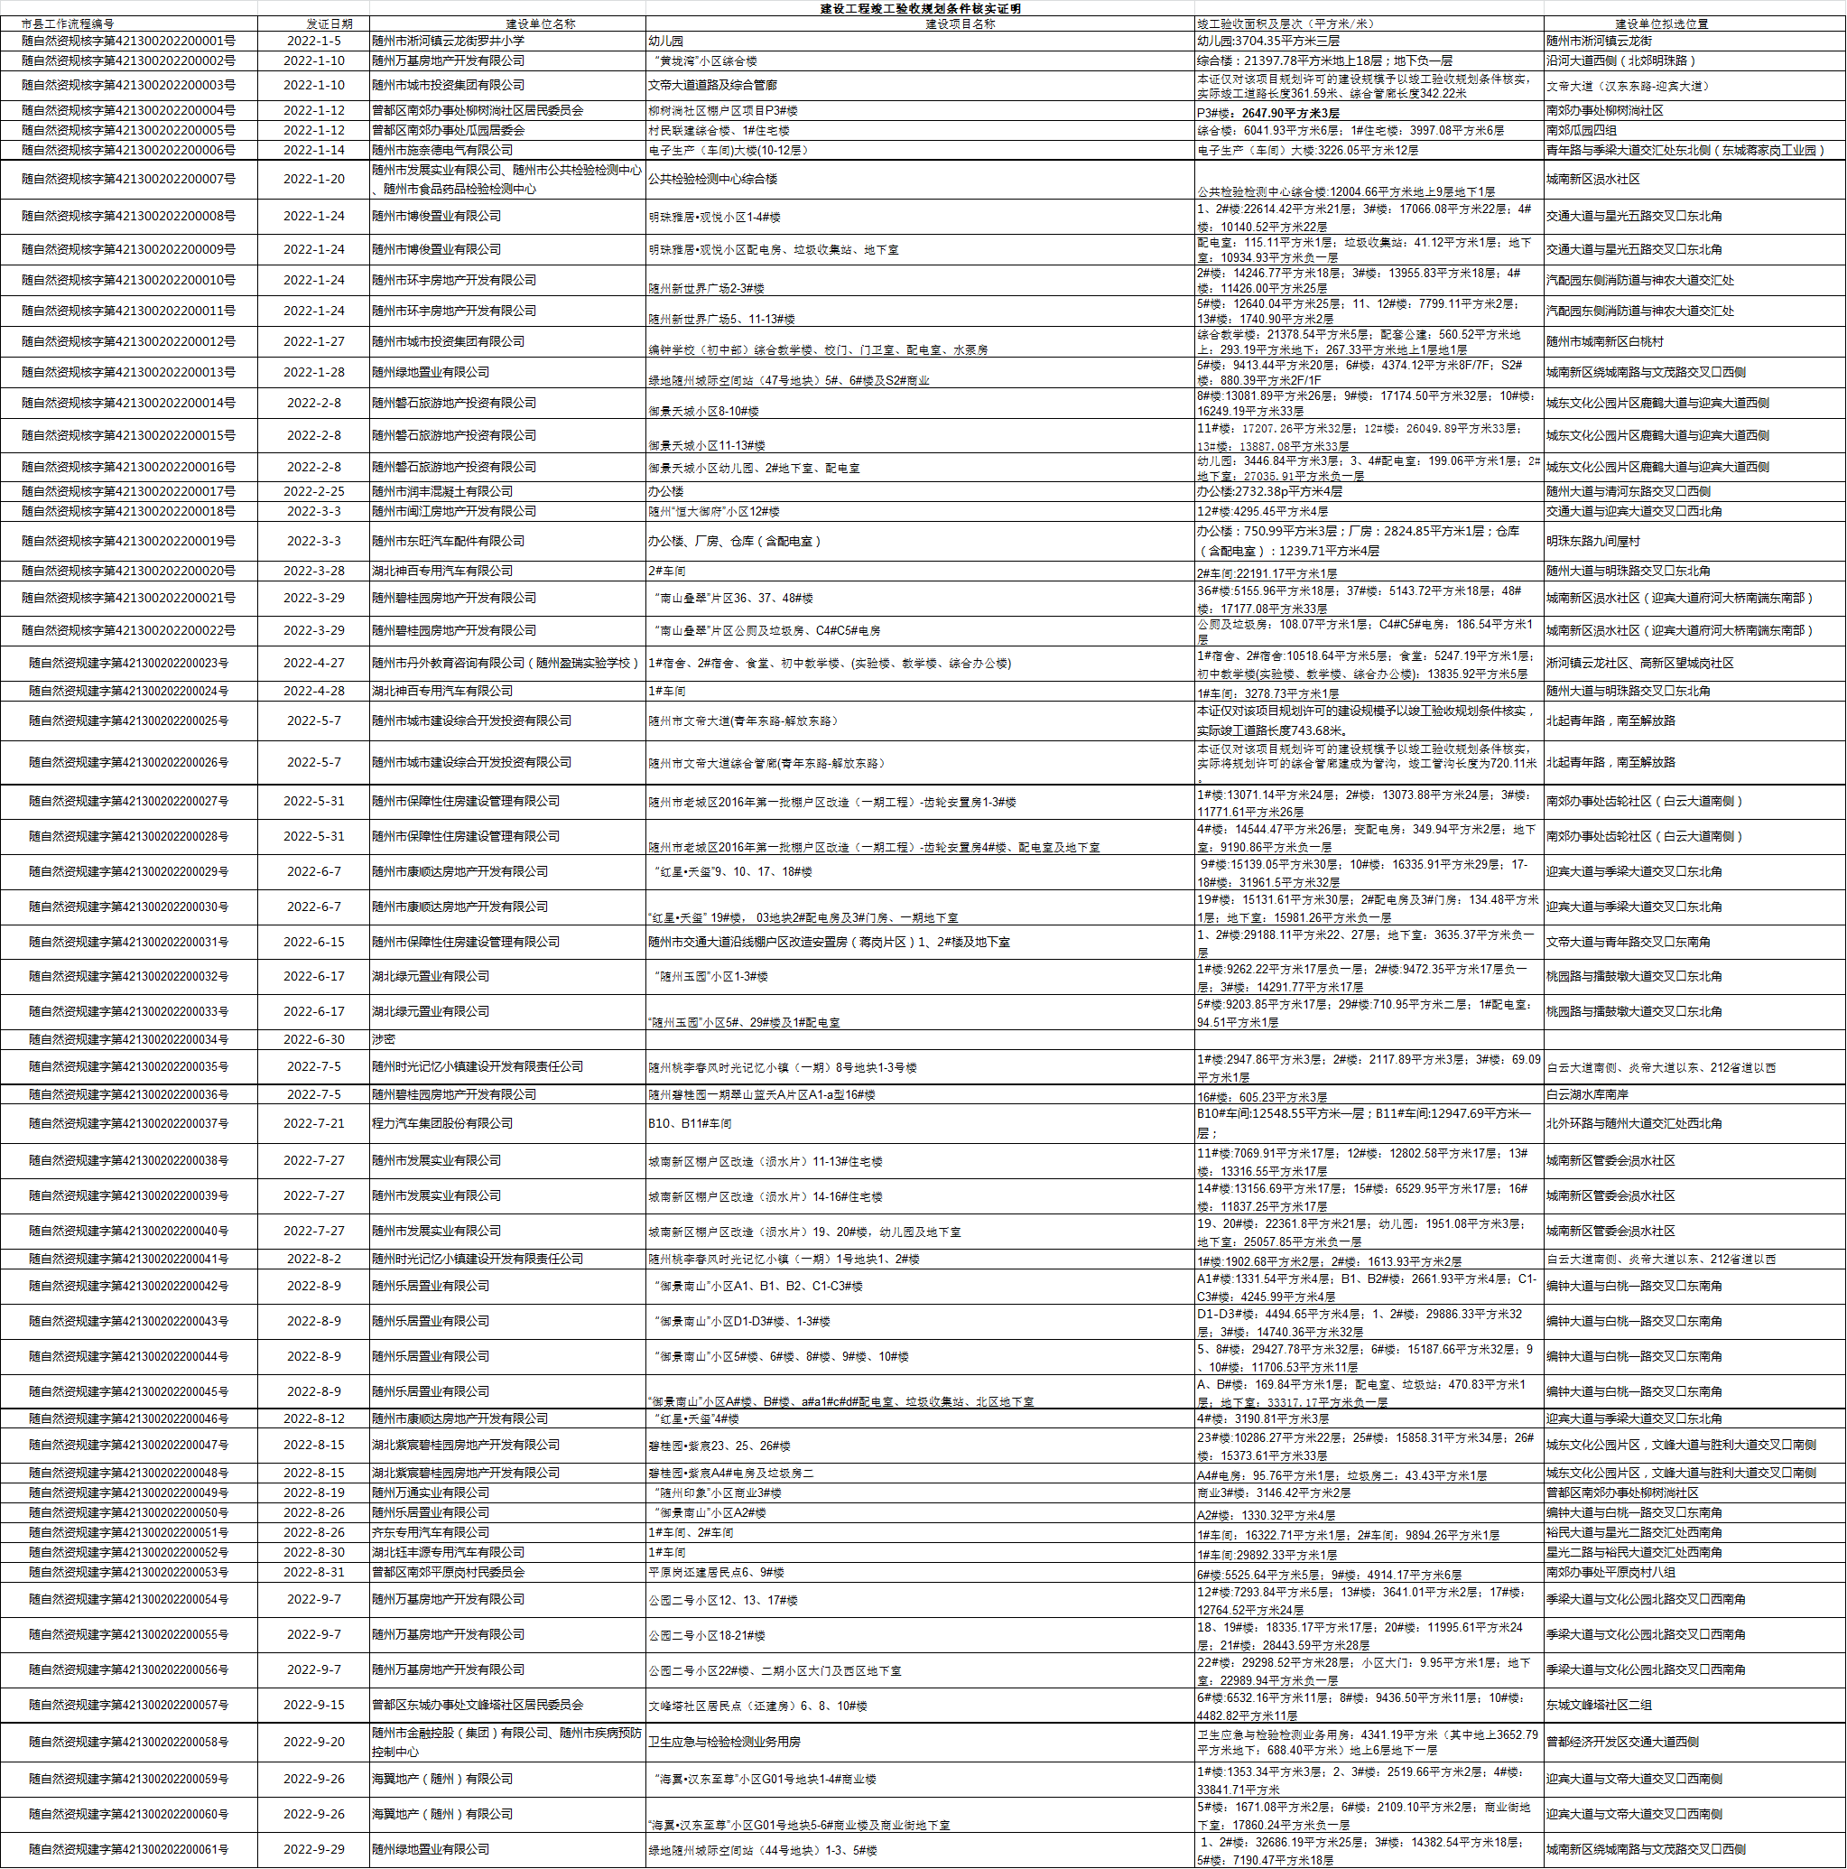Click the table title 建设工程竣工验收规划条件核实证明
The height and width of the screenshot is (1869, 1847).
click(920, 8)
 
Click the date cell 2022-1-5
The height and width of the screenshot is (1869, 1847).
click(313, 41)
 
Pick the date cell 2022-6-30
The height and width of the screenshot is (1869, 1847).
click(313, 1039)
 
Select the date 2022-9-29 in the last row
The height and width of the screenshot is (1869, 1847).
click(313, 1849)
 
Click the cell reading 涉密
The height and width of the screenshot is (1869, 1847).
click(384, 1039)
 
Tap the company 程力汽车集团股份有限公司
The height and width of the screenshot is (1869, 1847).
click(442, 1123)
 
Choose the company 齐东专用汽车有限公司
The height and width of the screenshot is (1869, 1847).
click(431, 1532)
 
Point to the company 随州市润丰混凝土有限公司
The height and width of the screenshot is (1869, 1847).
click(442, 491)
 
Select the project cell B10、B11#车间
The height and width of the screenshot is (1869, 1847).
click(690, 1123)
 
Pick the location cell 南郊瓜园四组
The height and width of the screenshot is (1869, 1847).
click(1581, 130)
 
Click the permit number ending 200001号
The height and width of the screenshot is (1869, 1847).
click(128, 41)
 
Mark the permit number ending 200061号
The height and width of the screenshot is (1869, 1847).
click(128, 1849)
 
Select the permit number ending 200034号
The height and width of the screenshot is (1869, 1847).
click(128, 1039)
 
